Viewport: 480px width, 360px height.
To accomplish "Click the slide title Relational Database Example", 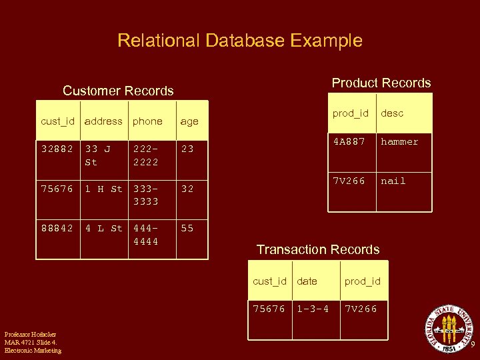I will tap(240, 41).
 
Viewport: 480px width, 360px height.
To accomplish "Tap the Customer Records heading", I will tap(118, 91).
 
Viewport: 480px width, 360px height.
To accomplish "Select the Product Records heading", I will tap(381, 83).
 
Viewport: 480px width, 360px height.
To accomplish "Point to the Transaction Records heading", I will tap(318, 249).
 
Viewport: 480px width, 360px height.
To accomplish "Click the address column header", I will tap(103, 121).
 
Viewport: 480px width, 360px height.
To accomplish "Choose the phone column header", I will tap(147, 121).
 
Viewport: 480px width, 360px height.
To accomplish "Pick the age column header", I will tap(189, 121).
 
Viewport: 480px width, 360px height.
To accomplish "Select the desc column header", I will tap(392, 113).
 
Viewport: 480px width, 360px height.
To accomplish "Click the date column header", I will tap(307, 281).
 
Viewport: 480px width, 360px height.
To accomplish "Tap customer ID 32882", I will tap(57, 149).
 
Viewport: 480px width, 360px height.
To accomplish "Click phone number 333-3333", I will tap(146, 195).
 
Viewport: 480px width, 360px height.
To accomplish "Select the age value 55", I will tap(187, 228).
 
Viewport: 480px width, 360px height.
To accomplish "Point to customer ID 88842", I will tap(57, 228).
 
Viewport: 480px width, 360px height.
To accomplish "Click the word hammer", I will tap(399, 142).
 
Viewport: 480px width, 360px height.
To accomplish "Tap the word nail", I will tap(393, 181).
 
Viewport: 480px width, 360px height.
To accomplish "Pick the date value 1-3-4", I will tap(313, 309).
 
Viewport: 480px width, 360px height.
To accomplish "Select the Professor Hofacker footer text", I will tap(32, 342).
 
